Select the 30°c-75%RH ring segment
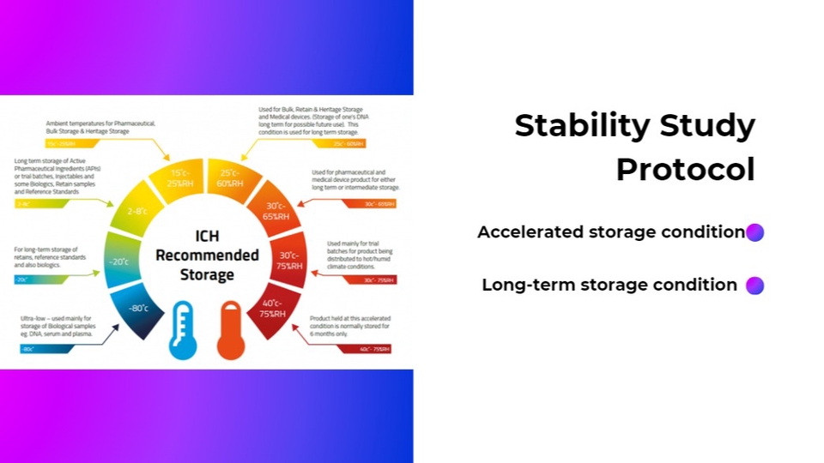(289, 261)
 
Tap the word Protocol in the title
(685, 169)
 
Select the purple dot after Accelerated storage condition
(754, 232)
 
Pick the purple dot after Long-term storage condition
(754, 286)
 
